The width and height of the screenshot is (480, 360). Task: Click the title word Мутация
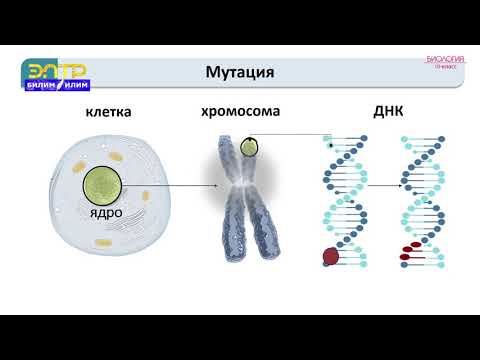pyautogui.click(x=239, y=73)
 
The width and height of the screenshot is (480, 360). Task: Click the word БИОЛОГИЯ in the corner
pyautogui.click(x=445, y=60)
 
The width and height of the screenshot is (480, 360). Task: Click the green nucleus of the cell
pyautogui.click(x=105, y=185)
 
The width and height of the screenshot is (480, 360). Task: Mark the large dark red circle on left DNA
pyautogui.click(x=331, y=257)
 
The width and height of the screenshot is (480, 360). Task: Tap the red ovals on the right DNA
pyautogui.click(x=410, y=251)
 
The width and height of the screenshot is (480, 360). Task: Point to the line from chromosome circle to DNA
pyautogui.click(x=295, y=135)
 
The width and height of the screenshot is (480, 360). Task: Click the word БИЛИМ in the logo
pyautogui.click(x=39, y=87)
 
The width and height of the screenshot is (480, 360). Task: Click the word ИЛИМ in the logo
pyautogui.click(x=73, y=87)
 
